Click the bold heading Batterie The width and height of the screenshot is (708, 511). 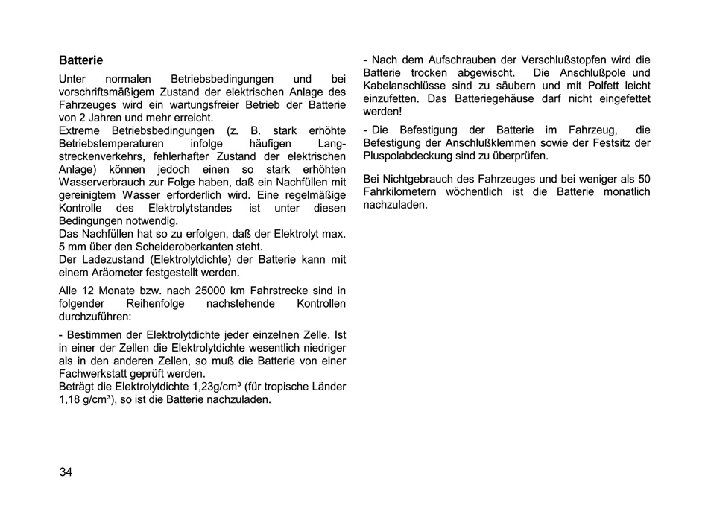tap(80, 60)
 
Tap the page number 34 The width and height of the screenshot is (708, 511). tap(66, 472)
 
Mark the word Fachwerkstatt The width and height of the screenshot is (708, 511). tap(93, 373)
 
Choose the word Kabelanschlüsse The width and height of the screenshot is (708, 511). tap(406, 86)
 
